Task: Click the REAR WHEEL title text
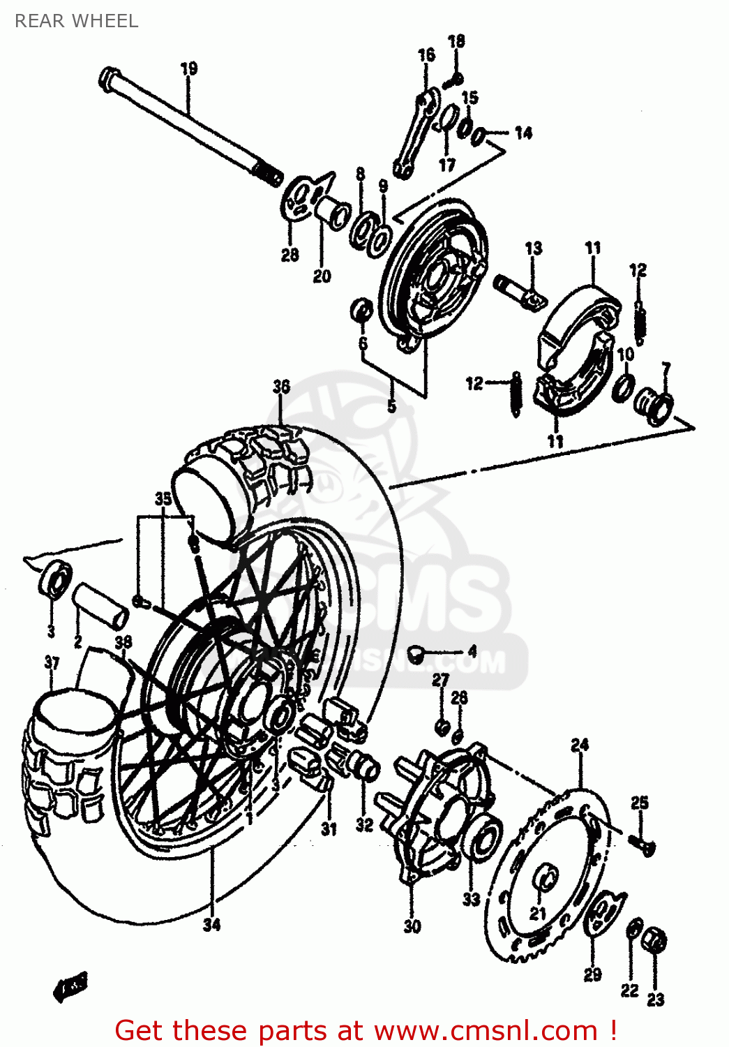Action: tap(76, 21)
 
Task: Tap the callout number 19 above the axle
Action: tap(188, 68)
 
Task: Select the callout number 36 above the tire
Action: tap(281, 386)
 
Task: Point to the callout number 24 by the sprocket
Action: tap(580, 745)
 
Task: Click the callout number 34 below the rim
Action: tap(211, 924)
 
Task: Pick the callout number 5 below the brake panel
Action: tap(391, 406)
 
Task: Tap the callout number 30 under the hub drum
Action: tap(412, 926)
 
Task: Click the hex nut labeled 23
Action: tap(655, 940)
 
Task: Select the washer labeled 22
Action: tap(634, 930)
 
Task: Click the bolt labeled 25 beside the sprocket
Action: tap(645, 846)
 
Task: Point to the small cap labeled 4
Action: tap(416, 653)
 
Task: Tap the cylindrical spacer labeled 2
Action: tap(101, 605)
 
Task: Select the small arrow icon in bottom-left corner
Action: tap(71, 986)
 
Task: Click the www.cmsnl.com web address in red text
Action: tap(486, 1030)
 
